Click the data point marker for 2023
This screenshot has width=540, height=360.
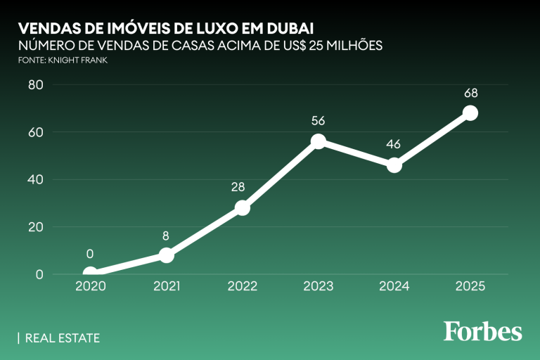pos(319,141)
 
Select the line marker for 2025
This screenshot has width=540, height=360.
pos(470,113)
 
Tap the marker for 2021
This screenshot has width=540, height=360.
pos(167,255)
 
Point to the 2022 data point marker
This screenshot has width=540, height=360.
pos(243,208)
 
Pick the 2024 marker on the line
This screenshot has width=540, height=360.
pos(394,165)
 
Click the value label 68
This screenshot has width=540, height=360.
pos(470,93)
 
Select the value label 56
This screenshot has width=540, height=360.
pos(319,121)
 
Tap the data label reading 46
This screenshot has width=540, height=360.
pos(394,145)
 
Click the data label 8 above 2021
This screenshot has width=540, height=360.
pos(167,235)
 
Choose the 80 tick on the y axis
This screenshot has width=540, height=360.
pos(35,85)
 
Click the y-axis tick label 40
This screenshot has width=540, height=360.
pos(35,179)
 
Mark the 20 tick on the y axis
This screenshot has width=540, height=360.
pos(35,227)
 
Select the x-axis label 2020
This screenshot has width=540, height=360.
pos(91,286)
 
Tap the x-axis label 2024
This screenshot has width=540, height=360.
pos(394,286)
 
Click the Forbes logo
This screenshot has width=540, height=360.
pos(482,330)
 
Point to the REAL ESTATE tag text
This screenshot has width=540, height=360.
pos(62,338)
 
